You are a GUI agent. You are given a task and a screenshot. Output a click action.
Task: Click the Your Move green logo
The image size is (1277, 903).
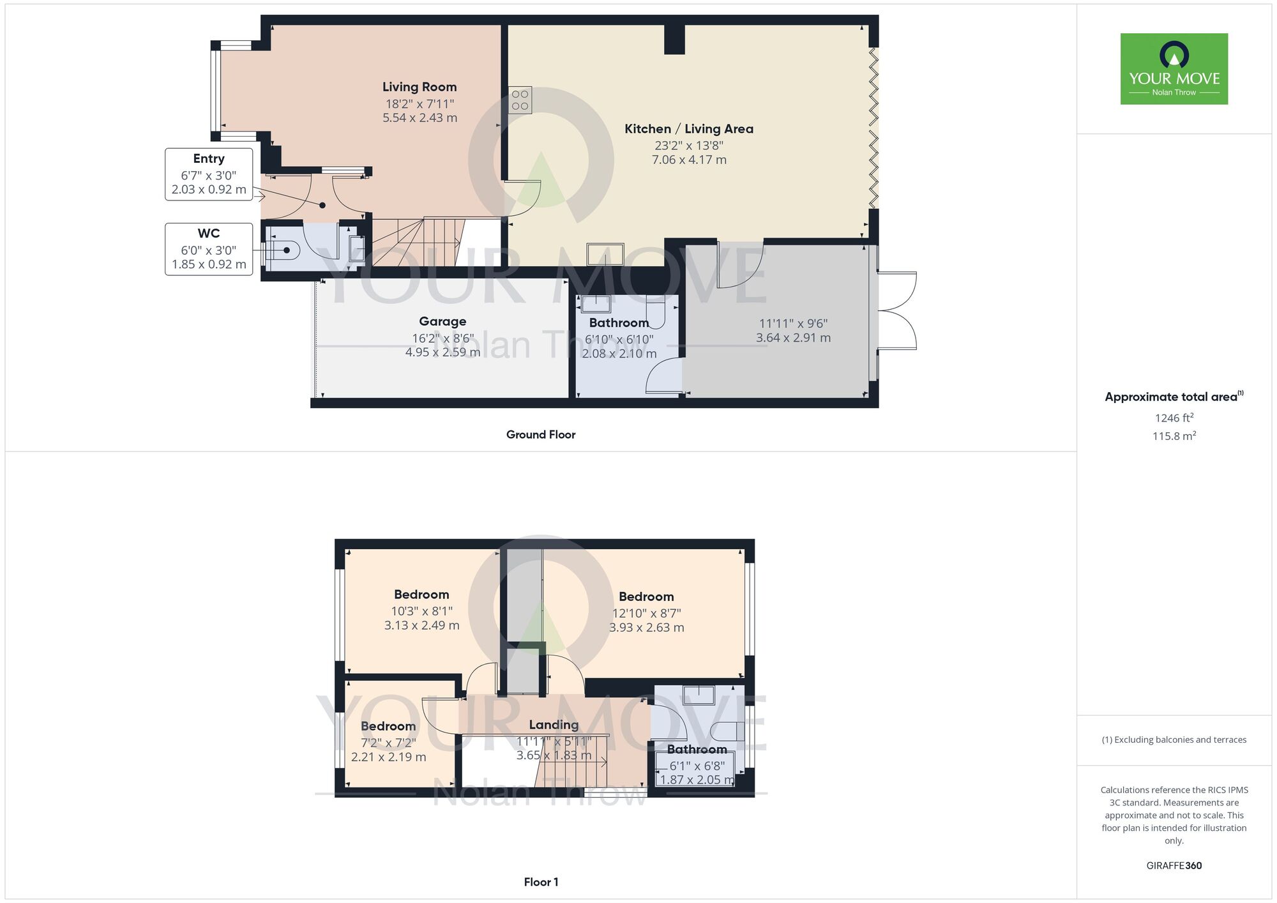click(1174, 69)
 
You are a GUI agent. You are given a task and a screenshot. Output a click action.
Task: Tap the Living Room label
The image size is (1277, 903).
click(419, 87)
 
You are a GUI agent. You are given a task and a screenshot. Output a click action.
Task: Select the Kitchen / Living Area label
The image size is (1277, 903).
click(689, 129)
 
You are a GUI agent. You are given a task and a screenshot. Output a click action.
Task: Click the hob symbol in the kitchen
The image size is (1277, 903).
click(520, 100)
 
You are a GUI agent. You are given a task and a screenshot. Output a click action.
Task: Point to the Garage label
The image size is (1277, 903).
click(442, 321)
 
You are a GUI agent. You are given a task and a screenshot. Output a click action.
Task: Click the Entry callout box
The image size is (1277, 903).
click(209, 174)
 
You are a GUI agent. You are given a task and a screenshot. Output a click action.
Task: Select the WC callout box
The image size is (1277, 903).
click(209, 249)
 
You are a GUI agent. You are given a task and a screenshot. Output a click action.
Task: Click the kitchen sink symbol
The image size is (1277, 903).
click(605, 254)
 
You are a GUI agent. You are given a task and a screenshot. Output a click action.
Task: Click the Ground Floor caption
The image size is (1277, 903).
click(541, 434)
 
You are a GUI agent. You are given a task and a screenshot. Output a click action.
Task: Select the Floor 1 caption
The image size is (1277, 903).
click(541, 882)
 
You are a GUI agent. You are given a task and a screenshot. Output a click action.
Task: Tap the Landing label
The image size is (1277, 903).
click(554, 725)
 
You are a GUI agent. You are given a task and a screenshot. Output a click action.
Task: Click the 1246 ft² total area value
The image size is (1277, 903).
click(1174, 418)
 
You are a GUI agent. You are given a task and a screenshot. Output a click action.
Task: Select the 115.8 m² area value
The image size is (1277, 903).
click(1174, 436)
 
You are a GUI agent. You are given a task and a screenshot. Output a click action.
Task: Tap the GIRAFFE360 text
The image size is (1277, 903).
click(1174, 866)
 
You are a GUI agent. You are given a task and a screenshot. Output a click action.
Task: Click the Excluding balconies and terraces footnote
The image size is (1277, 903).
click(1174, 740)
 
